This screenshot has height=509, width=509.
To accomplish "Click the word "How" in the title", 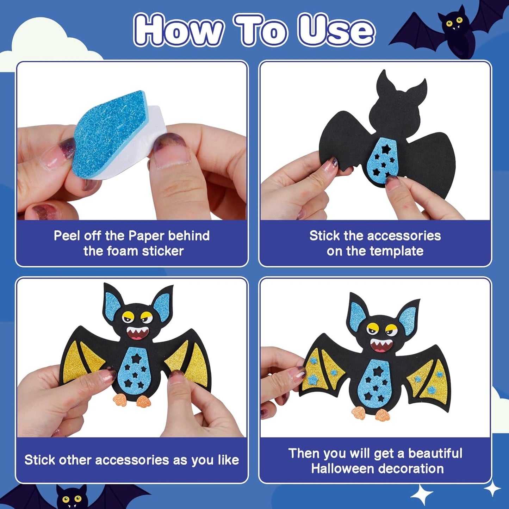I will [x=178, y=31].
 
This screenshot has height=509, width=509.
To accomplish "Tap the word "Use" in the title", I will [x=336, y=31].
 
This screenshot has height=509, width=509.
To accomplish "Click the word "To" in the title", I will [x=260, y=31].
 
